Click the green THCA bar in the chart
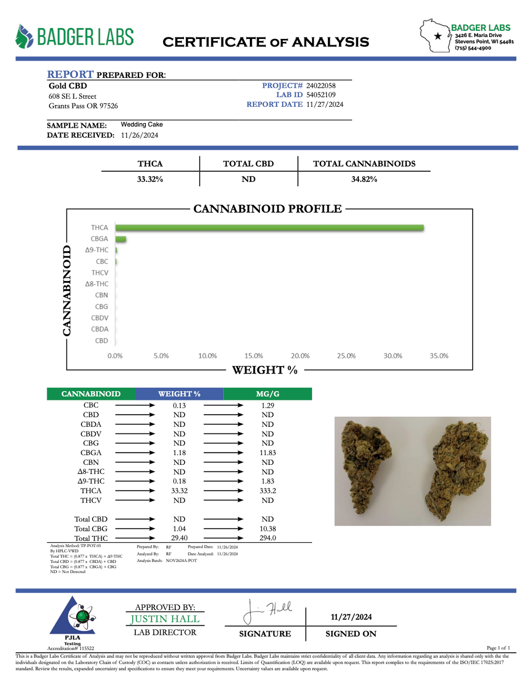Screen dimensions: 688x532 269,228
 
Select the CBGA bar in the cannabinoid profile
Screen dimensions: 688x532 121,239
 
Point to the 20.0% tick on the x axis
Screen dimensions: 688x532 300,356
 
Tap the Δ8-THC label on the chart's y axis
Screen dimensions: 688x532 97,284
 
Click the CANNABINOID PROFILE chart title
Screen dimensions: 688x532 268,209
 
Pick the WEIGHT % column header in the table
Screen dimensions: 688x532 179,394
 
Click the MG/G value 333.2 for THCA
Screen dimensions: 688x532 268,491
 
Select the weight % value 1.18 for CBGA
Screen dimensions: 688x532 179,453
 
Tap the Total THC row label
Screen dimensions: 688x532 91,538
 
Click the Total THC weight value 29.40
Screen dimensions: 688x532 179,538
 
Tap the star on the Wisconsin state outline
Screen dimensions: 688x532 438,36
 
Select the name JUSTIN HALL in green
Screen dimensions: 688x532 165,619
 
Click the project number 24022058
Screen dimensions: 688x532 321,86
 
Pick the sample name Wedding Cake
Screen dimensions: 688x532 142,125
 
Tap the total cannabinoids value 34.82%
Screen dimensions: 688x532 364,179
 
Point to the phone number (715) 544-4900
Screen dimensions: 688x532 473,48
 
